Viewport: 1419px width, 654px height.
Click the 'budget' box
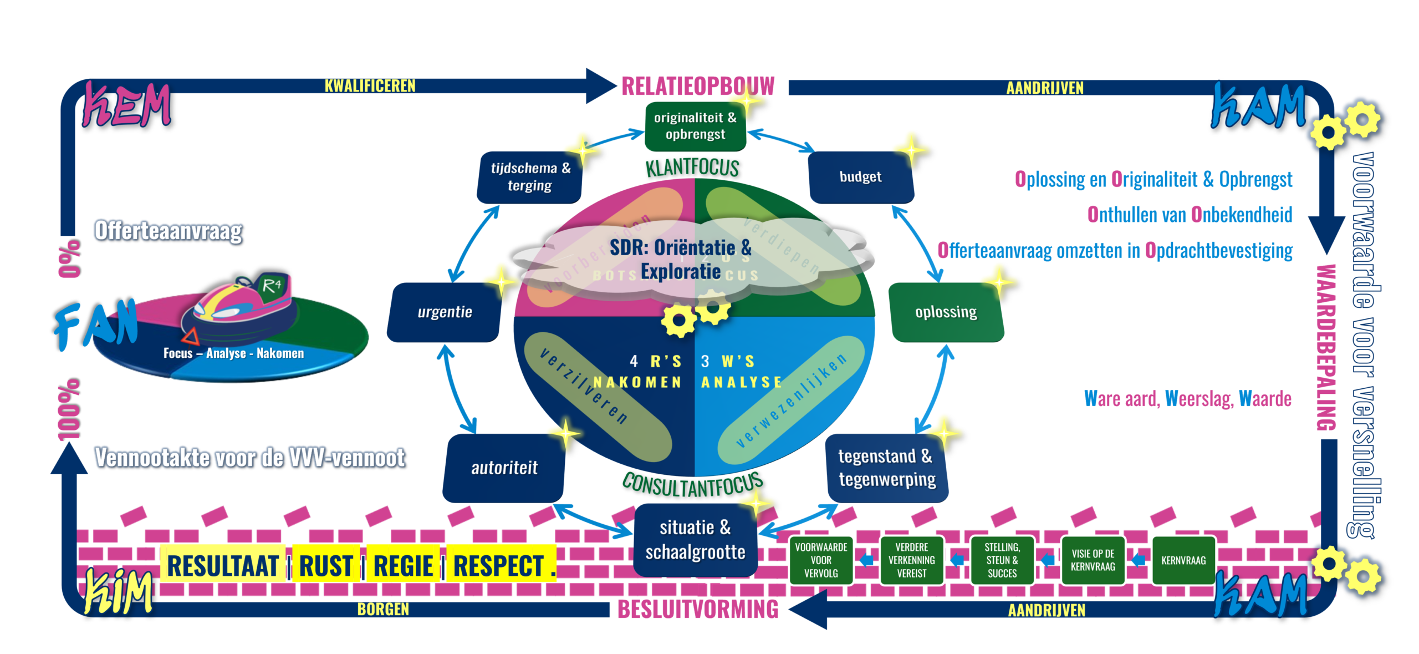click(861, 177)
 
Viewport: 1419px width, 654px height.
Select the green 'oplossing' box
click(946, 312)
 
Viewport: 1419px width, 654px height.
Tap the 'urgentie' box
click(445, 312)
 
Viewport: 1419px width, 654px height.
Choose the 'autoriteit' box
click(504, 468)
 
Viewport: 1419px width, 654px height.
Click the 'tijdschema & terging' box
click(530, 177)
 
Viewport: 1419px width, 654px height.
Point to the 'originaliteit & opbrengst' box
click(695, 126)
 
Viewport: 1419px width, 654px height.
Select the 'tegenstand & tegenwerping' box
click(887, 468)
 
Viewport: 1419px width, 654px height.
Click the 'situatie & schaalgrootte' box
click(695, 540)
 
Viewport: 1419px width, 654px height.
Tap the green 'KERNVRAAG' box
click(1183, 560)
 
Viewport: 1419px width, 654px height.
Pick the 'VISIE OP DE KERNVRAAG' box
click(1093, 560)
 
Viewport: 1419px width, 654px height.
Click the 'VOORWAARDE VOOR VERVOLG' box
click(821, 560)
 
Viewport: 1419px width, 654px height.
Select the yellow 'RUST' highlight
click(326, 566)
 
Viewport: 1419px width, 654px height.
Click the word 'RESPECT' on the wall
click(499, 566)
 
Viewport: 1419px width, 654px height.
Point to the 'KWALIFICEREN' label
click(370, 86)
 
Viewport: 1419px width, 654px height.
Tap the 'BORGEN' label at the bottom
click(383, 609)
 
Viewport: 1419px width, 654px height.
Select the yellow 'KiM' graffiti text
click(119, 592)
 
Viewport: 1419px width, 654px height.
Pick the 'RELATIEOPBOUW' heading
click(697, 86)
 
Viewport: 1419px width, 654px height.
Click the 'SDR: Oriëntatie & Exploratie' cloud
click(681, 260)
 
